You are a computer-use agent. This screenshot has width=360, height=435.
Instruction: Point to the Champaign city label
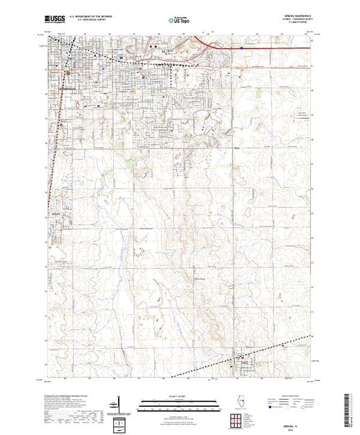(68, 89)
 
